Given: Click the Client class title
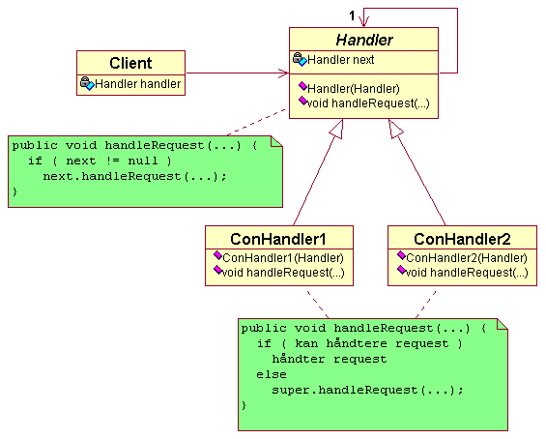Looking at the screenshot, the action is click(x=130, y=63).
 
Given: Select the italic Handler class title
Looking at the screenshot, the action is click(x=364, y=40).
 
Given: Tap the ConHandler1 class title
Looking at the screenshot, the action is click(x=278, y=239).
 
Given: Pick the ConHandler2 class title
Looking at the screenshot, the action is click(x=462, y=239).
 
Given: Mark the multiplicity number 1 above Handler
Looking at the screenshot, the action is click(x=352, y=15).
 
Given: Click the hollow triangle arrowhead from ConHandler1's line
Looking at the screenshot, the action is click(x=337, y=129).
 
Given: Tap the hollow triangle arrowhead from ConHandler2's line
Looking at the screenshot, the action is click(x=395, y=129).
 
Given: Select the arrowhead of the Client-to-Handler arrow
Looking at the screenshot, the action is click(x=284, y=73).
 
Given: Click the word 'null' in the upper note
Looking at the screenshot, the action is click(x=143, y=161).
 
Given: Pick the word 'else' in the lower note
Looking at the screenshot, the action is click(x=272, y=374).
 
